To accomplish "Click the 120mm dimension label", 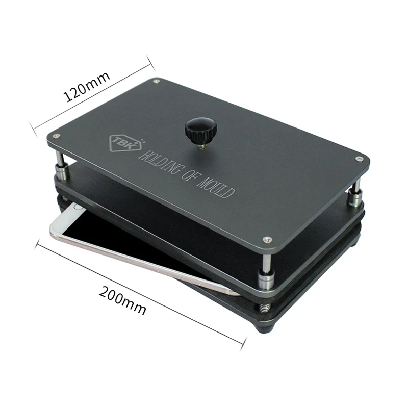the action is coord(87,86).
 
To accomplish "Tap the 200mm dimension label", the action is coord(122,300).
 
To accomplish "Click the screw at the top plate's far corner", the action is coord(157,81).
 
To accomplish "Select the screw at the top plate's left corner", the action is coord(56,136).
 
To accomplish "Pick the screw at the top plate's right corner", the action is coord(359,159).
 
